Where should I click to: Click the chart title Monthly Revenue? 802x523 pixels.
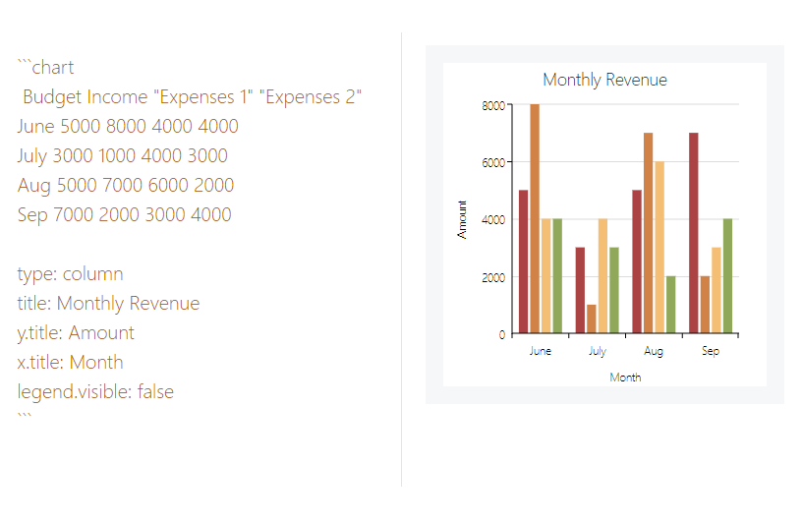pyautogui.click(x=604, y=80)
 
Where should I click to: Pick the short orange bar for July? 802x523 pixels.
pyautogui.click(x=592, y=320)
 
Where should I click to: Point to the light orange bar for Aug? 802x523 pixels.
pyautogui.click(x=659, y=248)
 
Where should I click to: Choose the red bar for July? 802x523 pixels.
pyautogui.click(x=580, y=290)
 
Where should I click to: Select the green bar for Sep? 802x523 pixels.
pyautogui.click(x=728, y=276)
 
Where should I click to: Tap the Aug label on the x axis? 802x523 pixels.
pyautogui.click(x=654, y=351)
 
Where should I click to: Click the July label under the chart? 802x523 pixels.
pyautogui.click(x=597, y=351)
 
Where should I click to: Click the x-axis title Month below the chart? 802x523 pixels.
pyautogui.click(x=625, y=378)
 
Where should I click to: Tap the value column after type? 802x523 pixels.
pyautogui.click(x=92, y=274)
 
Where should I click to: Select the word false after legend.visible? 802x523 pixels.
pyautogui.click(x=155, y=391)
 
